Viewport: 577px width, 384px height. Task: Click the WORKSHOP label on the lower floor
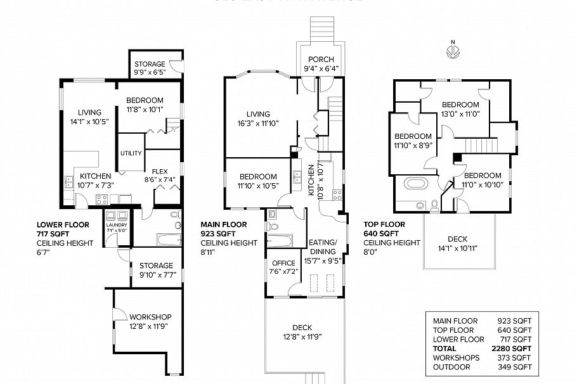(150, 317)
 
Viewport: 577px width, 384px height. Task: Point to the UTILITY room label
(131, 153)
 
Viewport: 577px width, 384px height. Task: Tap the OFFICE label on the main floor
(283, 262)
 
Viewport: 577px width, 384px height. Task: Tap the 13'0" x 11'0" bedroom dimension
(460, 114)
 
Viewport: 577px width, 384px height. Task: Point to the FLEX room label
(160, 170)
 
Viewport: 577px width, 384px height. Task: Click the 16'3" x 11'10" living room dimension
(258, 124)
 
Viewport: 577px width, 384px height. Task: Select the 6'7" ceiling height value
(43, 252)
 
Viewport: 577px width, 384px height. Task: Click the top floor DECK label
(457, 239)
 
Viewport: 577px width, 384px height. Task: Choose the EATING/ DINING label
(323, 246)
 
